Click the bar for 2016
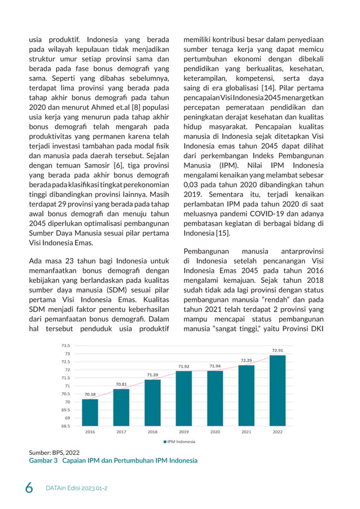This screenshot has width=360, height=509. [x=90, y=412]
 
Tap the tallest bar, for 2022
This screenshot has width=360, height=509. [x=277, y=390]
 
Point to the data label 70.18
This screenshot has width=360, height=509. [x=90, y=394]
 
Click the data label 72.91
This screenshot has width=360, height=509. [x=277, y=350]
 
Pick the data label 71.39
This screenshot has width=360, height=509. [x=152, y=375]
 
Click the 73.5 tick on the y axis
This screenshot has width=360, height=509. [x=65, y=345]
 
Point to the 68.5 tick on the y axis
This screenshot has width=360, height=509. [x=65, y=426]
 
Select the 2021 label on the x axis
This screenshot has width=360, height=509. [x=246, y=432]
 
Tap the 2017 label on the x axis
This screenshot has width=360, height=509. [x=121, y=432]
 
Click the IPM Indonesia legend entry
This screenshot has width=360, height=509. [x=179, y=442]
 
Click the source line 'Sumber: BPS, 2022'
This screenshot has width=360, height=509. [x=54, y=452]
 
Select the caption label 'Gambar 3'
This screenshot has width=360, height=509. [x=43, y=460]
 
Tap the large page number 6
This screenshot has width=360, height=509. [x=29, y=486]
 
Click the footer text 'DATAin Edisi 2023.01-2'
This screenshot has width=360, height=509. [x=76, y=487]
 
